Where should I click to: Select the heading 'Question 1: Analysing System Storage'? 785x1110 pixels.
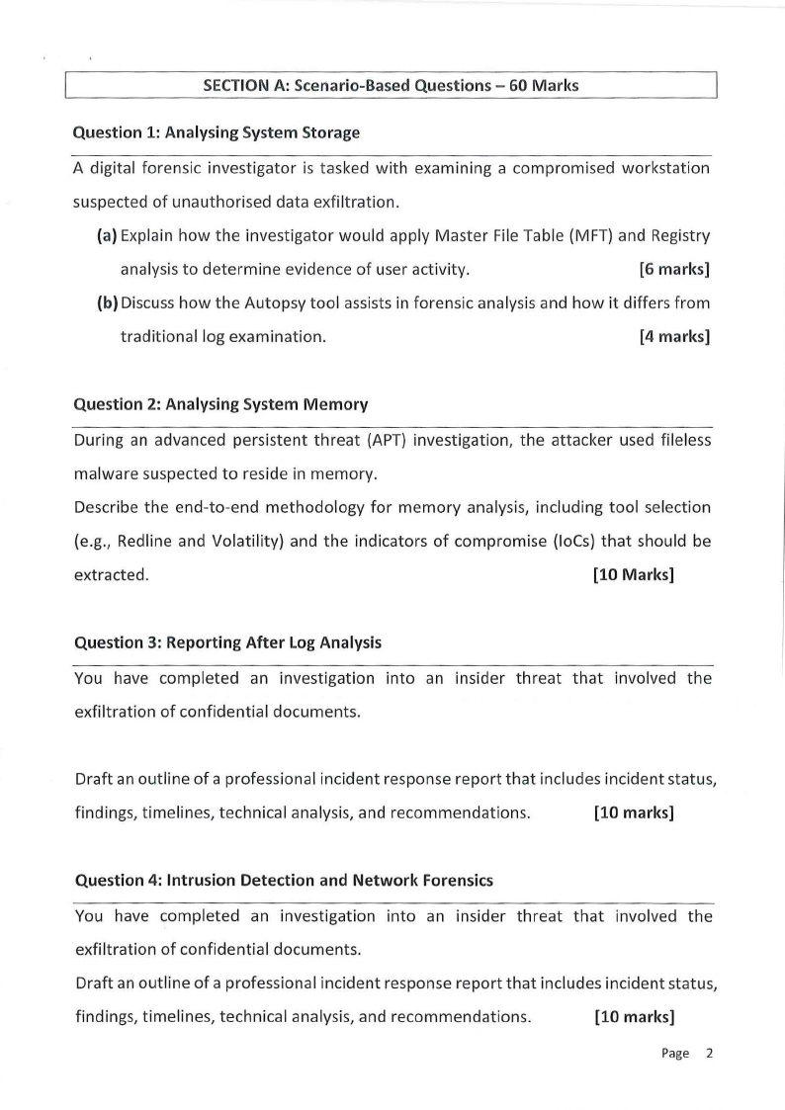(218, 131)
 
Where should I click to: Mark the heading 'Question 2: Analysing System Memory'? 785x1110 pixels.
(221, 403)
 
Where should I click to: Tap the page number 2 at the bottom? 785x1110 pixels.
(708, 1054)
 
